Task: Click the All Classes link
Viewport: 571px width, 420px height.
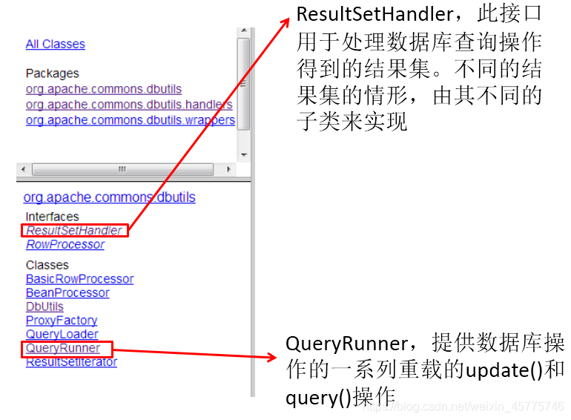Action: [55, 45]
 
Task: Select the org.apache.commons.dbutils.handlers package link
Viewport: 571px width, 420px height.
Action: [129, 105]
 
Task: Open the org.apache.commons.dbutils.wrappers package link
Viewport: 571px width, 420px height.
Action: [130, 119]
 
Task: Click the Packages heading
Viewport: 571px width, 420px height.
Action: [52, 73]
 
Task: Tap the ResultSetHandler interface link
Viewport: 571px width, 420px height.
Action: [74, 230]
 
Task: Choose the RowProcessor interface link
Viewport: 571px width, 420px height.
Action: [65, 244]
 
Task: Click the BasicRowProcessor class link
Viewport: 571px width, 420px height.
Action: [79, 279]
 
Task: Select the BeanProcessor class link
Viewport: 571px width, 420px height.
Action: [67, 292]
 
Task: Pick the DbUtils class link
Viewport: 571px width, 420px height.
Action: [44, 306]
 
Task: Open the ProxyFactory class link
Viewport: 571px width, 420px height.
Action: [62, 320]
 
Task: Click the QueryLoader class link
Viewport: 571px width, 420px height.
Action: [62, 334]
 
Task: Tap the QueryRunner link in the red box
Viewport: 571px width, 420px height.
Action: [63, 348]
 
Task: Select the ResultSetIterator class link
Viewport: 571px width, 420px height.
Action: [71, 362]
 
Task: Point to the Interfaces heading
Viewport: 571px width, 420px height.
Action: [52, 217]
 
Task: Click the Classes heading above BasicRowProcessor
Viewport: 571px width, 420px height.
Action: [47, 265]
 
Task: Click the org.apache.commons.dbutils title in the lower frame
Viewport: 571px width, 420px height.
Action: [110, 197]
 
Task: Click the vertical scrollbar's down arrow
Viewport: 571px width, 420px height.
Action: [243, 154]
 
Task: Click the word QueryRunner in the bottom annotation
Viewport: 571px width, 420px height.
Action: [346, 344]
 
